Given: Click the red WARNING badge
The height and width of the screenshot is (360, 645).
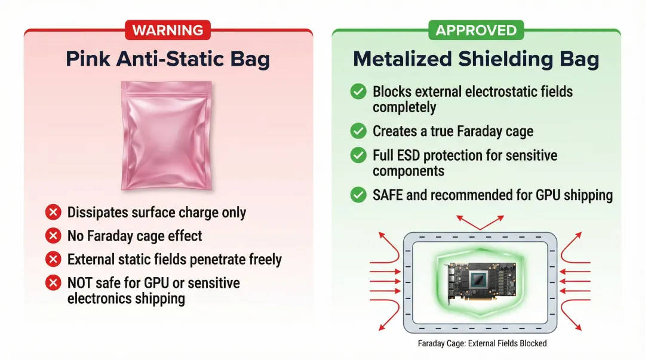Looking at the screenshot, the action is pyautogui.click(x=168, y=30).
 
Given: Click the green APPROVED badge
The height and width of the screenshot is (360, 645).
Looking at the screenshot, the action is pyautogui.click(x=476, y=30).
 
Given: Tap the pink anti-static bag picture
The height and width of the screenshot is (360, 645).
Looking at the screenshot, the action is pyautogui.click(x=167, y=136).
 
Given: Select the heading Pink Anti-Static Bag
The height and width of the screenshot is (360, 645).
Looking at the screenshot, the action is pyautogui.click(x=168, y=59).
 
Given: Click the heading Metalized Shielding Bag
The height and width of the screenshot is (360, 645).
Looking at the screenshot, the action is pyautogui.click(x=476, y=59).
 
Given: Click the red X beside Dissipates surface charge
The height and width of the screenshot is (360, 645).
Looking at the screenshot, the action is pyautogui.click(x=53, y=213).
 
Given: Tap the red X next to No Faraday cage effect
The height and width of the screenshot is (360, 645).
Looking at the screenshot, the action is pyautogui.click(x=53, y=236).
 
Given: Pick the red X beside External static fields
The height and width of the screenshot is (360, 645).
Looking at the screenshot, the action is pyautogui.click(x=53, y=259).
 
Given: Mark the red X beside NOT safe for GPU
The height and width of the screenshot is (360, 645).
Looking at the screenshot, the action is pyautogui.click(x=53, y=282).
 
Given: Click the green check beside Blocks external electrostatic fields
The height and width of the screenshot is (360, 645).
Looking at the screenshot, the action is pyautogui.click(x=358, y=91).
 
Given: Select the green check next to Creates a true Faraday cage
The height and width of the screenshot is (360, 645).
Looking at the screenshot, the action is pyautogui.click(x=358, y=131).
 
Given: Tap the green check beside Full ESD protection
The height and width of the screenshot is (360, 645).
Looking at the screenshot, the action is pyautogui.click(x=358, y=155).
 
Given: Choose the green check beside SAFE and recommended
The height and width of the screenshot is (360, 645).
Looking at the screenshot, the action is pyautogui.click(x=358, y=195).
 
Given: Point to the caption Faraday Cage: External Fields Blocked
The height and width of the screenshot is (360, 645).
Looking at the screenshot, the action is pyautogui.click(x=482, y=343).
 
